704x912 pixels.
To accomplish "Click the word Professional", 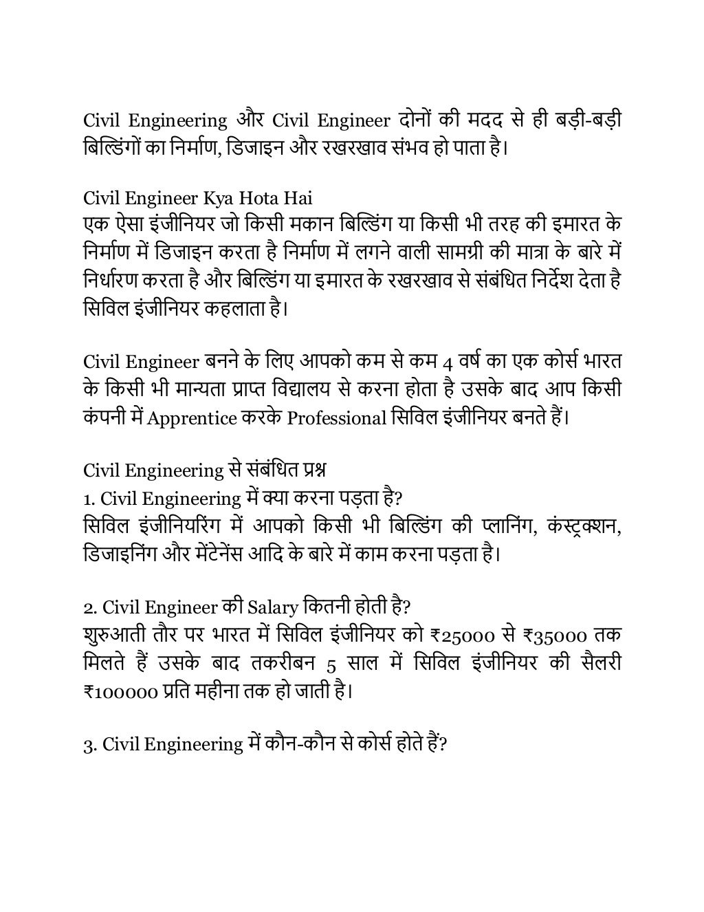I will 336,418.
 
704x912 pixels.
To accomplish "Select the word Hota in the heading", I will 258,199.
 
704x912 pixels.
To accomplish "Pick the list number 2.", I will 89,608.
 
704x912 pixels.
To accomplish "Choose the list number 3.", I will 89,744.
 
